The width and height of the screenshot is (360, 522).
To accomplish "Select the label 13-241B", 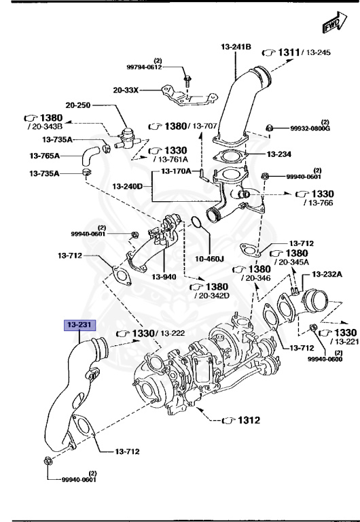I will pyautogui.click(x=236, y=47).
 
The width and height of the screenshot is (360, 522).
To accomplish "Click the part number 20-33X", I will pyautogui.click(x=126, y=89).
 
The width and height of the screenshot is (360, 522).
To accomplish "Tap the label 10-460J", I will pyautogui.click(x=209, y=258).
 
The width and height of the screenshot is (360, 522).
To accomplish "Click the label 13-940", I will pyautogui.click(x=164, y=277).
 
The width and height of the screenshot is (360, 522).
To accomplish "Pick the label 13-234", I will pyautogui.click(x=278, y=154).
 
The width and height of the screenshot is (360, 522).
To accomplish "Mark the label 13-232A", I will pyautogui.click(x=327, y=274).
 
